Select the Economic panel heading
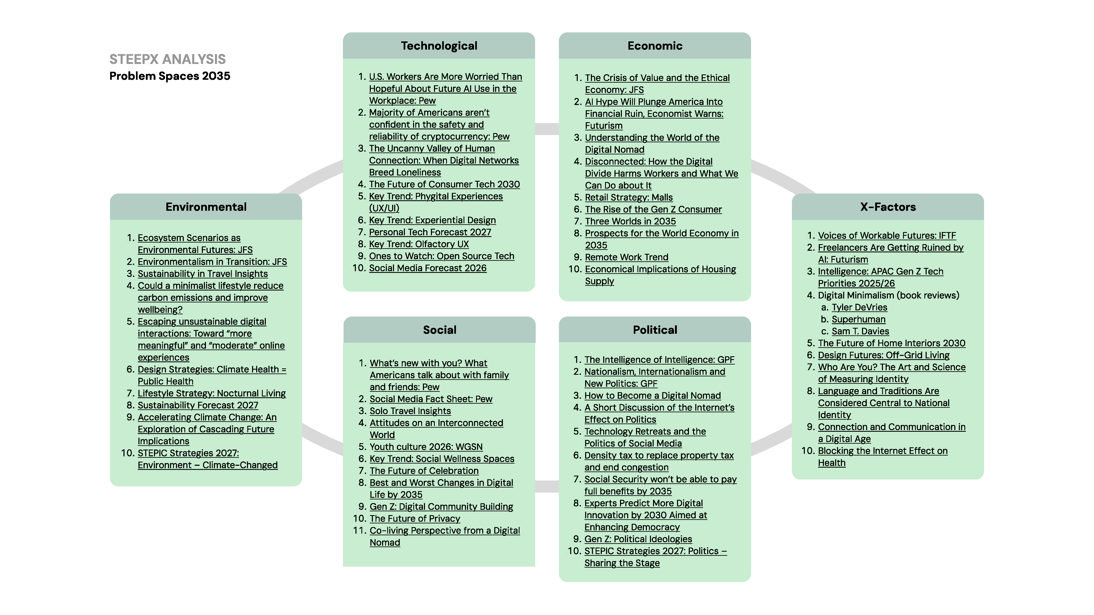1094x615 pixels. pos(655,46)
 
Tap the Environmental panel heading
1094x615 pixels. pos(206,207)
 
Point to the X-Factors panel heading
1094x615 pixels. pos(888,207)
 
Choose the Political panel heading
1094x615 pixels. pos(655,330)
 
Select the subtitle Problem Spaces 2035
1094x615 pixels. pos(169,76)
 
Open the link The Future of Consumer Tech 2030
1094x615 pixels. pos(444,184)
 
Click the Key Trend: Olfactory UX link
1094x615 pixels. pos(419,244)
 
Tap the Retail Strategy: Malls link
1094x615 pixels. pos(629,197)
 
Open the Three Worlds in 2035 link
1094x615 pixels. pos(630,221)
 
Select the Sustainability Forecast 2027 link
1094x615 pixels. pos(198,405)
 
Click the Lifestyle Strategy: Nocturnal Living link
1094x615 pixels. pos(211,393)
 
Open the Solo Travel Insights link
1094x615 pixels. pos(410,411)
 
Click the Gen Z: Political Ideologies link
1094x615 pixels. pos(638,539)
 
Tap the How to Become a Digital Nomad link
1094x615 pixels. pos(652,396)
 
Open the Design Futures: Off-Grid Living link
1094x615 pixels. pos(883,355)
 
